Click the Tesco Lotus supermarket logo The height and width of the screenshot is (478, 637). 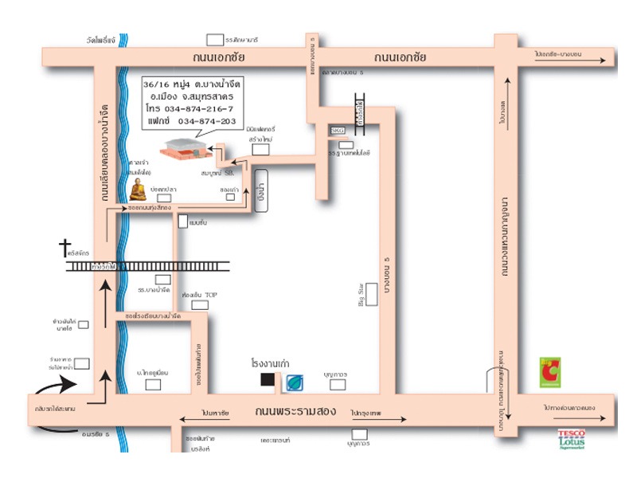[x=571, y=438]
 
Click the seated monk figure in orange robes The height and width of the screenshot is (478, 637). [x=138, y=190]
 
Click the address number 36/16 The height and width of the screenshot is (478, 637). [x=156, y=84]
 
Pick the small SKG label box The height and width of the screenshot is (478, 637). [x=338, y=130]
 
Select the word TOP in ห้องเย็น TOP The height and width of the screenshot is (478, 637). [x=211, y=296]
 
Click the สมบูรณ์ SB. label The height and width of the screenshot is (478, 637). [x=217, y=171]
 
